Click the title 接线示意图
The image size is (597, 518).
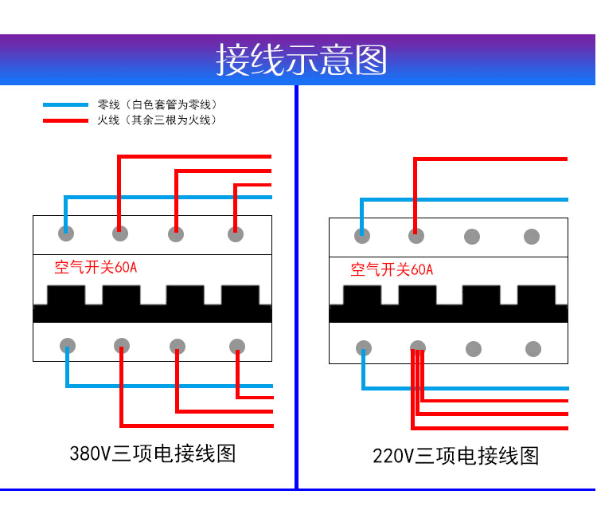point(301,60)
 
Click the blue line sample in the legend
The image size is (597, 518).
point(65,105)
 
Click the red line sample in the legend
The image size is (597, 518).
point(65,121)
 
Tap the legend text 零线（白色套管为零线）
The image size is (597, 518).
point(157,105)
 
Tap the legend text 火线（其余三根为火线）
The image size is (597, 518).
point(157,120)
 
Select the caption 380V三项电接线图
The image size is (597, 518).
point(153,454)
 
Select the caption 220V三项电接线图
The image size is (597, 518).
point(456,456)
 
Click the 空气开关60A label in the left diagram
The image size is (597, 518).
point(96,268)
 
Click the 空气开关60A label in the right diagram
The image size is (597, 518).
point(392,270)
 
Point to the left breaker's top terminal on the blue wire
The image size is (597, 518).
point(66,233)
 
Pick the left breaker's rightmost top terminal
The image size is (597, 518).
point(236,233)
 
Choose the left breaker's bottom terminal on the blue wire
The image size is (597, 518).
point(68,346)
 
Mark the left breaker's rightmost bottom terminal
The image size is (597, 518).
point(237,346)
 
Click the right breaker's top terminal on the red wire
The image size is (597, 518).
point(416,236)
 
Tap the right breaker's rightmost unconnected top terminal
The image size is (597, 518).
point(532,237)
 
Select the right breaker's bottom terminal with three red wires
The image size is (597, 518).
point(418,348)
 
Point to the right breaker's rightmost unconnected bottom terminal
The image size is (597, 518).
point(533,349)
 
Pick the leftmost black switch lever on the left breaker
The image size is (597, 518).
point(65,296)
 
